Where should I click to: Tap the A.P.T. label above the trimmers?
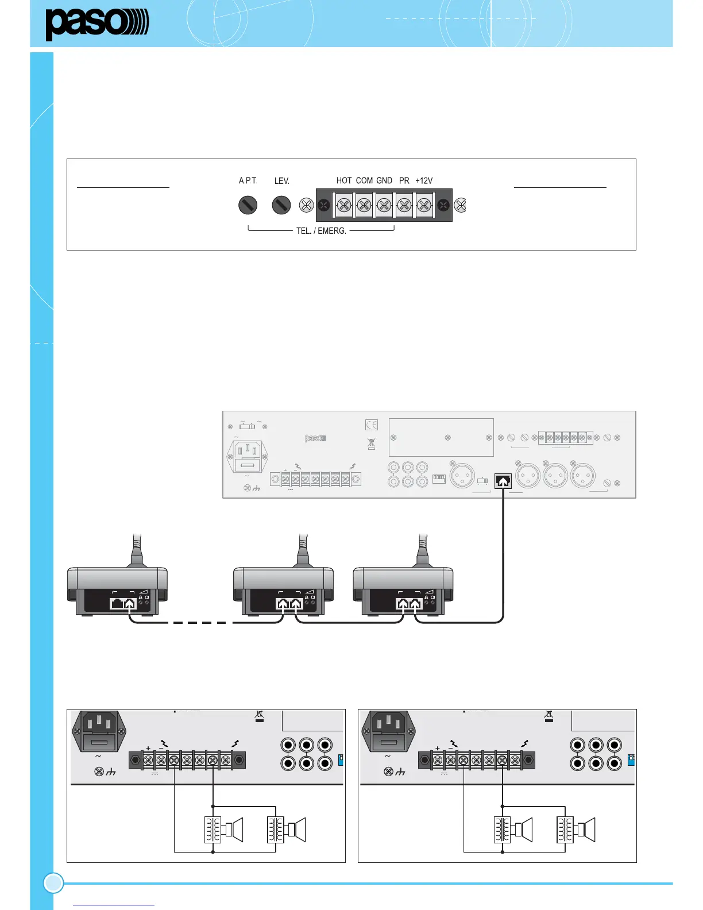click(x=248, y=180)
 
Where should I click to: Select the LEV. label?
click(x=281, y=180)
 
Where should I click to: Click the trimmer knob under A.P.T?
click(x=248, y=205)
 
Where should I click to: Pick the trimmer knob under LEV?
click(x=281, y=205)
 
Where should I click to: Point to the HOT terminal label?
click(x=343, y=180)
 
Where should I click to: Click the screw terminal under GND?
click(x=384, y=205)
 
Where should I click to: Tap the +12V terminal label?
click(x=424, y=180)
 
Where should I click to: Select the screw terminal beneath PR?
click(x=404, y=205)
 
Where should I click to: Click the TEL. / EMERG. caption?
click(x=321, y=231)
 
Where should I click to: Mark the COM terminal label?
click(x=364, y=180)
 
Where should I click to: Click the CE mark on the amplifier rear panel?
click(x=372, y=425)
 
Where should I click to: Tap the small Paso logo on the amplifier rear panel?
click(x=315, y=438)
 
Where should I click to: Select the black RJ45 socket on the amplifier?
click(x=503, y=481)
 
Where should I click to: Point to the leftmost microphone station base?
click(x=117, y=592)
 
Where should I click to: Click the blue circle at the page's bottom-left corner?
click(x=53, y=883)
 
